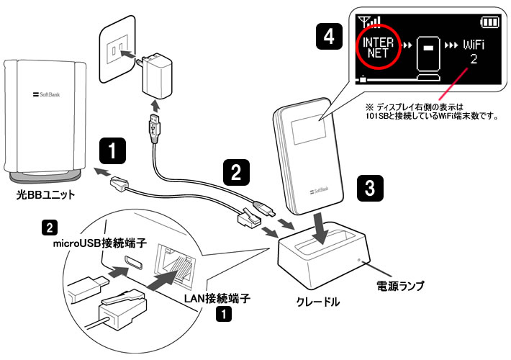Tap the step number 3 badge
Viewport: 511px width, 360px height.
(x=369, y=189)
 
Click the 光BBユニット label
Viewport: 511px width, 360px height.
(x=46, y=196)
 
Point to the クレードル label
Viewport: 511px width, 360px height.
(x=317, y=302)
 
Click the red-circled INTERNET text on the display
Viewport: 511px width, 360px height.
(x=378, y=47)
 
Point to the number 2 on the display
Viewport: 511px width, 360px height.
(x=474, y=60)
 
